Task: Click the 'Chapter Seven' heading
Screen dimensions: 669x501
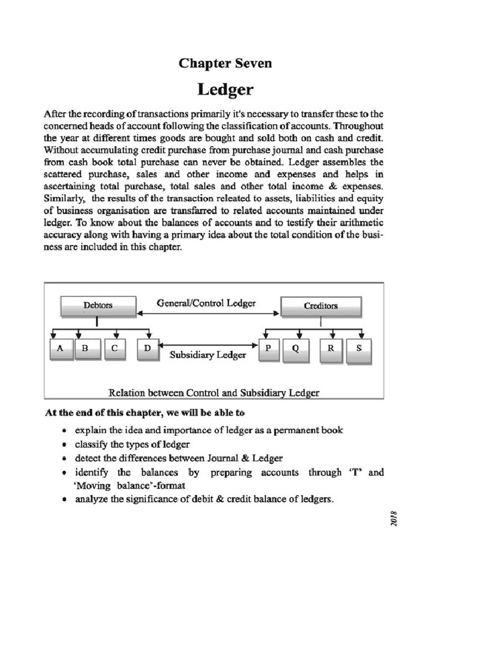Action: tap(225, 63)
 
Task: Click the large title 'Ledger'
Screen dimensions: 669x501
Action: tap(225, 88)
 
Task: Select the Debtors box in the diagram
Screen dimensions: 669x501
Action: tap(98, 305)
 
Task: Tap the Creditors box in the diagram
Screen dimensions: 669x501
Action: tap(320, 305)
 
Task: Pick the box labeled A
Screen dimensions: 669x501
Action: tap(61, 349)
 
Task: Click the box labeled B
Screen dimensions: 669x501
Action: tap(85, 349)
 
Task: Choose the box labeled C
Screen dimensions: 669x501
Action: tap(114, 349)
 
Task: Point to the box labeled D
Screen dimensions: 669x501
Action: tap(147, 349)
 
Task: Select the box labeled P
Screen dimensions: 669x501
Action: tap(267, 349)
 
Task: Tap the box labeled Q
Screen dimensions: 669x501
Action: tap(295, 349)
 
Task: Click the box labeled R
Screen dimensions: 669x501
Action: tap(331, 349)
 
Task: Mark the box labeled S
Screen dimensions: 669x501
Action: tap(358, 349)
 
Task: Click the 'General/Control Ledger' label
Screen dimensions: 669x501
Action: tap(206, 303)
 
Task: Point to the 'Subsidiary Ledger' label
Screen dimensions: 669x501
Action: tap(207, 355)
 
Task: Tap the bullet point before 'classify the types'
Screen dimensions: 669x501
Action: tap(63, 444)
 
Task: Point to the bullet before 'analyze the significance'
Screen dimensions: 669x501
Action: tap(63, 500)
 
